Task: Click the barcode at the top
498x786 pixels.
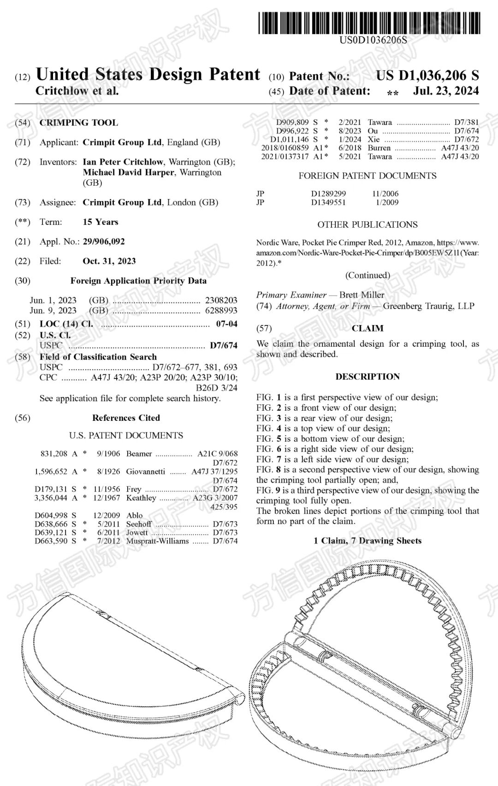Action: click(369, 23)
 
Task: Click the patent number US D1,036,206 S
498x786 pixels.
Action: click(427, 75)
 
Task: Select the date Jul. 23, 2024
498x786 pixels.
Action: click(445, 91)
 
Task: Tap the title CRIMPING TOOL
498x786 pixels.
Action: click(79, 123)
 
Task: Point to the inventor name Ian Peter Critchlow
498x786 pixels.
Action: click(123, 162)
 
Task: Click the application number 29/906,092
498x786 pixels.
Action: click(104, 242)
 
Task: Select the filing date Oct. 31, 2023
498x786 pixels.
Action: click(109, 261)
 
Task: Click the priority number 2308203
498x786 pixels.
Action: click(221, 300)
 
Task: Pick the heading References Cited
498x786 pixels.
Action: click(126, 418)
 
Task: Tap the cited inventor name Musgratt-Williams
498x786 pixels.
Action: click(157, 541)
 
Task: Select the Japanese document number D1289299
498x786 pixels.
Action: click(328, 194)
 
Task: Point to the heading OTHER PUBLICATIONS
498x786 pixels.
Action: click(367, 225)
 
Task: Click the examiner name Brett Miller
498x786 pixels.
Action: click(362, 295)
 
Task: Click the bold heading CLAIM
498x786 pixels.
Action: click(368, 328)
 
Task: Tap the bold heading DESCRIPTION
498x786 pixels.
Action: click(368, 377)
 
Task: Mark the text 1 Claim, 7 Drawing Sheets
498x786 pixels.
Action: click(368, 540)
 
